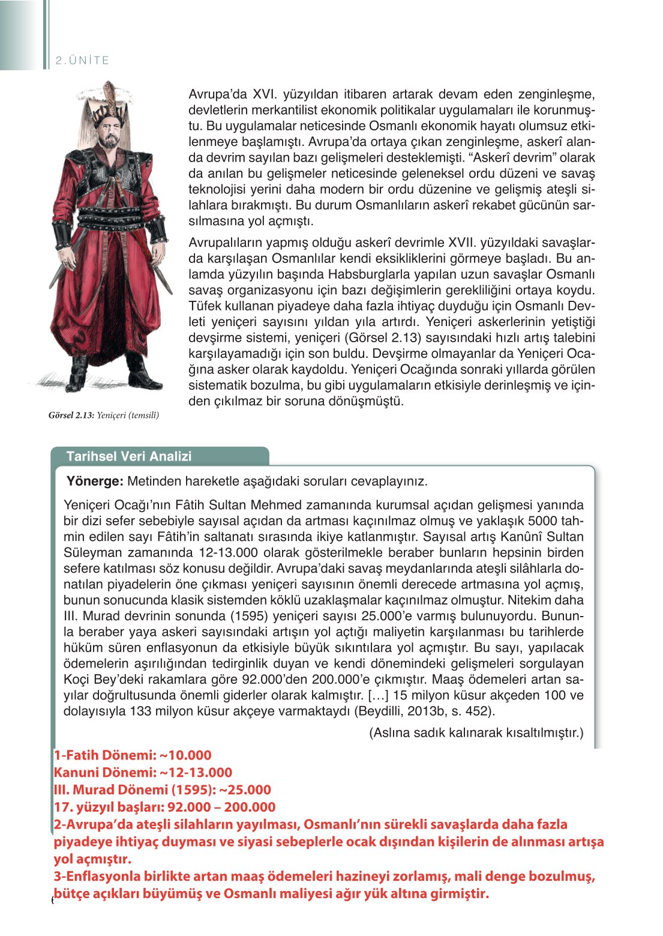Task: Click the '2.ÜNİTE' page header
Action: [x=82, y=61]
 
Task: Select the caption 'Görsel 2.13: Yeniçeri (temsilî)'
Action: [x=104, y=415]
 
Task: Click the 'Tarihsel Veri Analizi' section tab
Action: [x=129, y=456]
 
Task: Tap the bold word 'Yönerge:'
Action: [x=95, y=482]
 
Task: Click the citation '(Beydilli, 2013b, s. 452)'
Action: [x=424, y=711]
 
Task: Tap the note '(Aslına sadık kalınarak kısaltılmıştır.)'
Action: [x=476, y=733]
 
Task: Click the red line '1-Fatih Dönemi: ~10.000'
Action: [x=133, y=755]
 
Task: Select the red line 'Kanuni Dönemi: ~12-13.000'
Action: [x=143, y=773]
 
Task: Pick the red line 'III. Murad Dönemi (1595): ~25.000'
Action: [x=162, y=790]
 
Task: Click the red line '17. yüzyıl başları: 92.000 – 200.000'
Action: [x=164, y=808]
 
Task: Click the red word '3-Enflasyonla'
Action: [x=101, y=877]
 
